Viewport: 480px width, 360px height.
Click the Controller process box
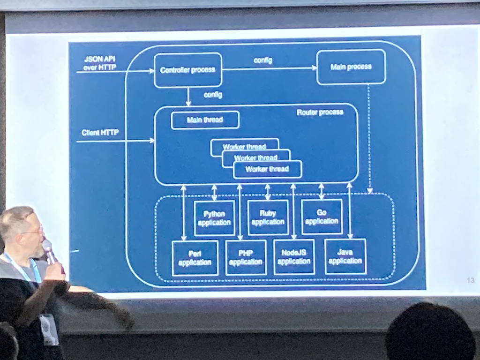pos(187,70)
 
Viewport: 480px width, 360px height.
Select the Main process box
pos(351,67)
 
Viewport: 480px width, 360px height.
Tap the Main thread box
pos(205,120)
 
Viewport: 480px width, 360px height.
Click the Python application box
pos(214,218)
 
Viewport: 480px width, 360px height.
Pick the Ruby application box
pos(268,217)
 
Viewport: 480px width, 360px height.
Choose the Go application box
pos(322,217)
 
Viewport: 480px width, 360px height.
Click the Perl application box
pos(195,258)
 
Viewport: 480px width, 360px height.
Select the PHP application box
pos(246,257)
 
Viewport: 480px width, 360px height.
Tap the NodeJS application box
pos(294,257)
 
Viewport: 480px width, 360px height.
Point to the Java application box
pos(345,256)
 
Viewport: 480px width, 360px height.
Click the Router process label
pos(320,112)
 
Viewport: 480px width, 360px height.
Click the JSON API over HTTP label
pos(100,63)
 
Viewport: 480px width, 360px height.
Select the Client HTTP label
pos(100,133)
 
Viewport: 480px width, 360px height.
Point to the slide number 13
pos(471,280)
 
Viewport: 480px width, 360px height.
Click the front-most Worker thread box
pos(267,169)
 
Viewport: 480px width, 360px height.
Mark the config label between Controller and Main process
pos(262,60)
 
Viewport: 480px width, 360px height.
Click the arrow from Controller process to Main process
pos(270,69)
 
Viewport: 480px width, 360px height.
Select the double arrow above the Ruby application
pos(268,192)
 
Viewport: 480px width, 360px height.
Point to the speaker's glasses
pos(34,230)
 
